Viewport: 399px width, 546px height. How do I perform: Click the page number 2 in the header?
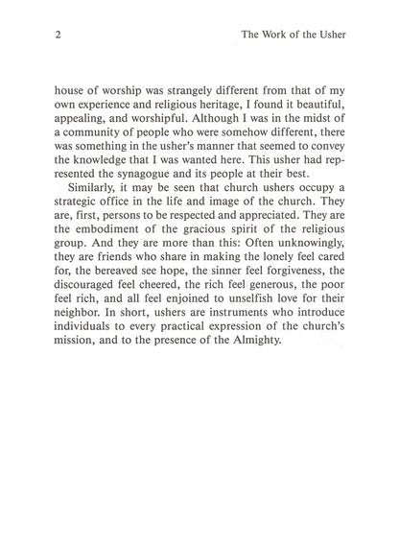pos(46,36)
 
